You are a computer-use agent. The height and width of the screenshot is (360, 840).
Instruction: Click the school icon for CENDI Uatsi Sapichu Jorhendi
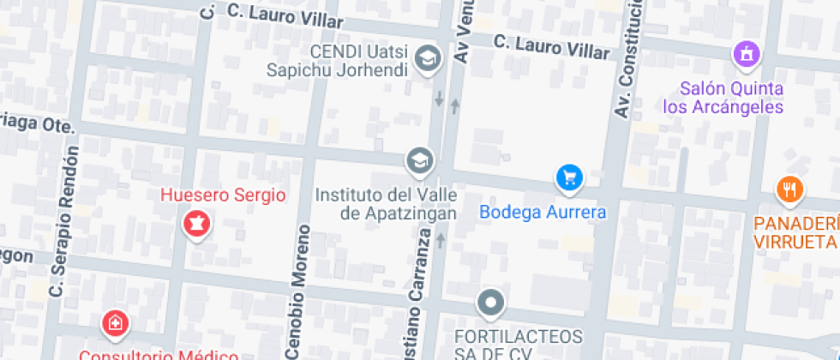(426, 58)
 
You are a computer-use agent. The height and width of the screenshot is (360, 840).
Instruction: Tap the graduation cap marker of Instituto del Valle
(420, 160)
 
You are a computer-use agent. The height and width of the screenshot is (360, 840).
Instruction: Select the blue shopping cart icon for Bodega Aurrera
(569, 178)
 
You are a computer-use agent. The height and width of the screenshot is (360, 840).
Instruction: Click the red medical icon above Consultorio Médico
(113, 323)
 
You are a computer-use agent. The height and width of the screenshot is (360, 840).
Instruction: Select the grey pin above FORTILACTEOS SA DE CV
(490, 303)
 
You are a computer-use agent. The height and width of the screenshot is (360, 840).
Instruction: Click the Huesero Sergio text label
(223, 195)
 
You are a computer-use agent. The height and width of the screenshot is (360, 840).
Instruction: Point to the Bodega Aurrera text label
(543, 212)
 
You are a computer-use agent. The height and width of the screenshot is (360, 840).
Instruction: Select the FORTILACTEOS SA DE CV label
(518, 343)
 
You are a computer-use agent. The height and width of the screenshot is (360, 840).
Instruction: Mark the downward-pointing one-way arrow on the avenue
(439, 99)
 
